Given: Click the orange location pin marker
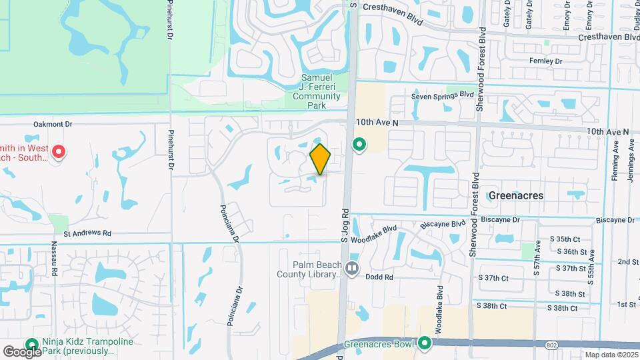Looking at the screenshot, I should click(x=320, y=159).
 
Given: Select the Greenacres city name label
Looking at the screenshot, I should click(x=515, y=196).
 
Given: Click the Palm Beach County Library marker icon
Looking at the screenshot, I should click(x=353, y=268).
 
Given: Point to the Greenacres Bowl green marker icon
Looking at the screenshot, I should click(x=425, y=344).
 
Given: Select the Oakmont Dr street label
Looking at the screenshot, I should click(x=53, y=124).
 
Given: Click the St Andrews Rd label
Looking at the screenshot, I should click(x=87, y=234).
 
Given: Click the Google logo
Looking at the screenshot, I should click(x=22, y=352).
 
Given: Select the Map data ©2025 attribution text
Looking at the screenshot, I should click(x=611, y=355).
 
